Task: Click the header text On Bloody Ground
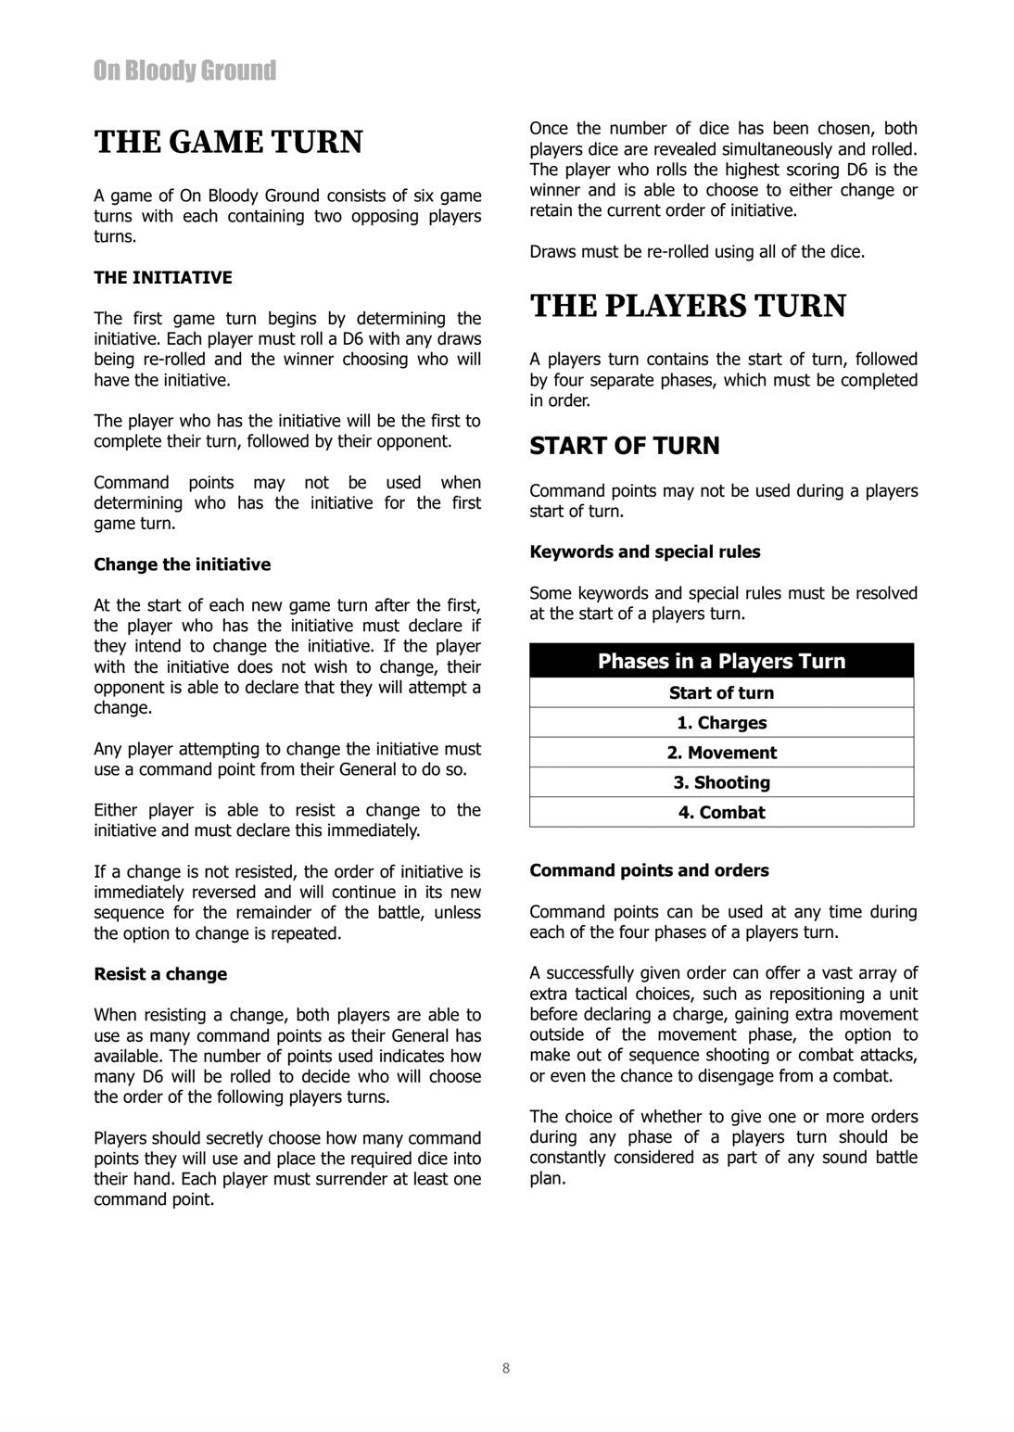coord(184,70)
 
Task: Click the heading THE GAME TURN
coord(228,142)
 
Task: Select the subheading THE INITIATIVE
coord(162,277)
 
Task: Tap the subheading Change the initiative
coord(182,564)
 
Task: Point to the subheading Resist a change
coord(159,974)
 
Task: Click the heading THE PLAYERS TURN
coord(687,306)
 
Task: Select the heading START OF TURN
coord(624,446)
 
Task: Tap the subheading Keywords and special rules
coord(644,551)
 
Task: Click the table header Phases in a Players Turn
coord(721,661)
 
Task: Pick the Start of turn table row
coord(721,692)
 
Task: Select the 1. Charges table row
coord(721,723)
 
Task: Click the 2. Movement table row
coord(721,753)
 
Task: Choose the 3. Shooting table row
coord(721,782)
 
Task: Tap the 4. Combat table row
coord(721,812)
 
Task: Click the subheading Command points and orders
coord(649,870)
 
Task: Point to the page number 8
coord(505,1368)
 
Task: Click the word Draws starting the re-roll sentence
coord(551,251)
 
